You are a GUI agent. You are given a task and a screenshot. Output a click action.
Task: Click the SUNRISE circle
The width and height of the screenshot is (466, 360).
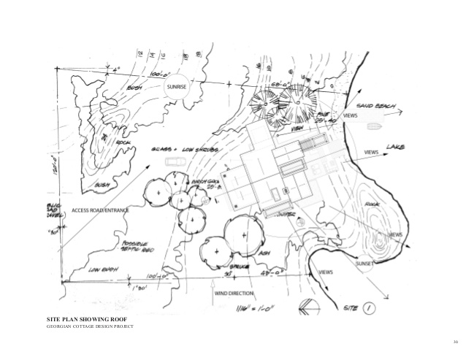[177, 88]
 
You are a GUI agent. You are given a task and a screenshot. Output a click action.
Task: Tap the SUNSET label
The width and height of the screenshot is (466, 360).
[365, 264]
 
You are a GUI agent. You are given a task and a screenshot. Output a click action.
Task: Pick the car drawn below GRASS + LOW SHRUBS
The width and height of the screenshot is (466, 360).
[173, 161]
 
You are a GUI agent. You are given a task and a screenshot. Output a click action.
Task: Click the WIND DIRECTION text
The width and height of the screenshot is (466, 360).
[234, 293]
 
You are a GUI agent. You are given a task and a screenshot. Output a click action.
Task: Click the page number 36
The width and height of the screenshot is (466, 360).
[454, 342]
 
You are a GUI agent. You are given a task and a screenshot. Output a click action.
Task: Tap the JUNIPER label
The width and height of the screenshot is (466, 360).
[287, 215]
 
